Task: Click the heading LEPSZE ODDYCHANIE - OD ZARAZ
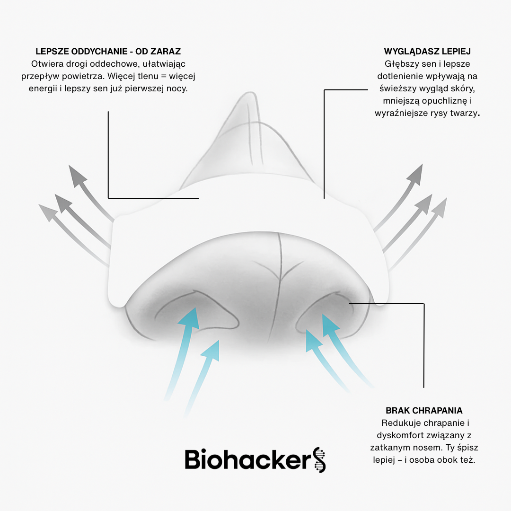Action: [108, 51]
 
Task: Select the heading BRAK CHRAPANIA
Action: [424, 410]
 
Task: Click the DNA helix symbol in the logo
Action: [320, 459]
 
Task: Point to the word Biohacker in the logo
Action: [246, 459]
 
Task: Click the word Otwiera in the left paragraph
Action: [45, 63]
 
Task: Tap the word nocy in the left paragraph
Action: [178, 88]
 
